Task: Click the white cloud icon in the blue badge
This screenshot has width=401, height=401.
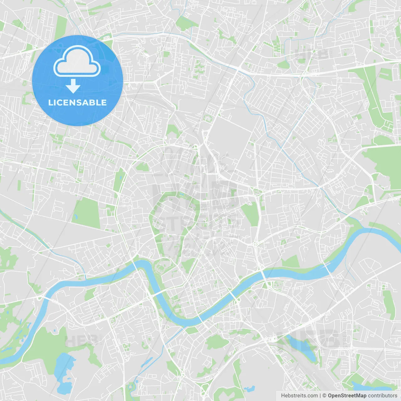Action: [77, 61]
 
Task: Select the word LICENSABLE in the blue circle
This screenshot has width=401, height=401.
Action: [77, 102]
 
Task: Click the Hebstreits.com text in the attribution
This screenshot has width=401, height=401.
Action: [299, 396]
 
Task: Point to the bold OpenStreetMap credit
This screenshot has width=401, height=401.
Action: [347, 396]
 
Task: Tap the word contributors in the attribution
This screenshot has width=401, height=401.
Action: [383, 396]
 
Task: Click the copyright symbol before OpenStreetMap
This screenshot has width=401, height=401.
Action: [324, 396]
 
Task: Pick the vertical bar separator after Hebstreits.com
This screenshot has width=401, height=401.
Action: [320, 396]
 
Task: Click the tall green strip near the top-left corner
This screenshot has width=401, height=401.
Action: [61, 28]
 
